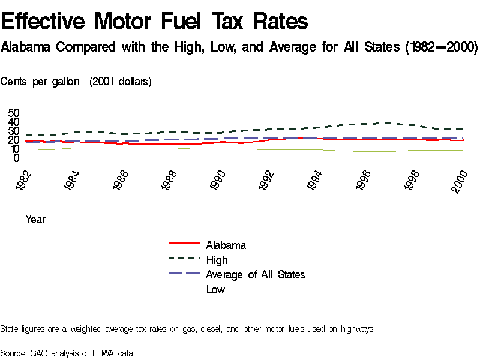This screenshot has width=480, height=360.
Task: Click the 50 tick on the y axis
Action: click(x=14, y=113)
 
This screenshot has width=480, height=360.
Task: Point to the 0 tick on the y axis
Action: click(x=17, y=158)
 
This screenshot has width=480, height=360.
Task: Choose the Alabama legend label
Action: click(x=226, y=245)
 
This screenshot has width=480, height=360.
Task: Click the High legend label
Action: click(x=217, y=260)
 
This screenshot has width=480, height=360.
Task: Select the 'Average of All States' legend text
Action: click(x=255, y=275)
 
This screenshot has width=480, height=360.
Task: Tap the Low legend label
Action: click(x=215, y=290)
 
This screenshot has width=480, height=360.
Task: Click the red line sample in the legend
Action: click(x=184, y=244)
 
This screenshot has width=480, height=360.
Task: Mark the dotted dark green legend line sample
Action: click(x=184, y=259)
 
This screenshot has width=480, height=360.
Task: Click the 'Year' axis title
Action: click(x=35, y=220)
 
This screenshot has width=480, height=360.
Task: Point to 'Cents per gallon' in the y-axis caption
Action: click(x=40, y=82)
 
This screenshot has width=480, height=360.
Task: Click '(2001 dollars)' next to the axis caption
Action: click(x=121, y=82)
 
